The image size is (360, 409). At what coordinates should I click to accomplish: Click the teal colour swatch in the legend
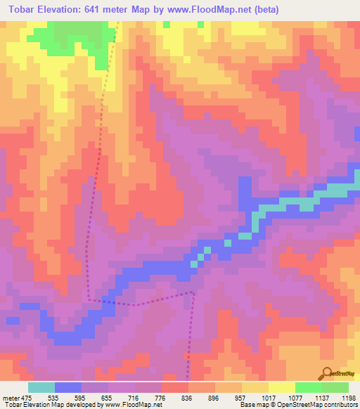pos(41,387)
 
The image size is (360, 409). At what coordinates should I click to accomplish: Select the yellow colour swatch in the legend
pos(281,387)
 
